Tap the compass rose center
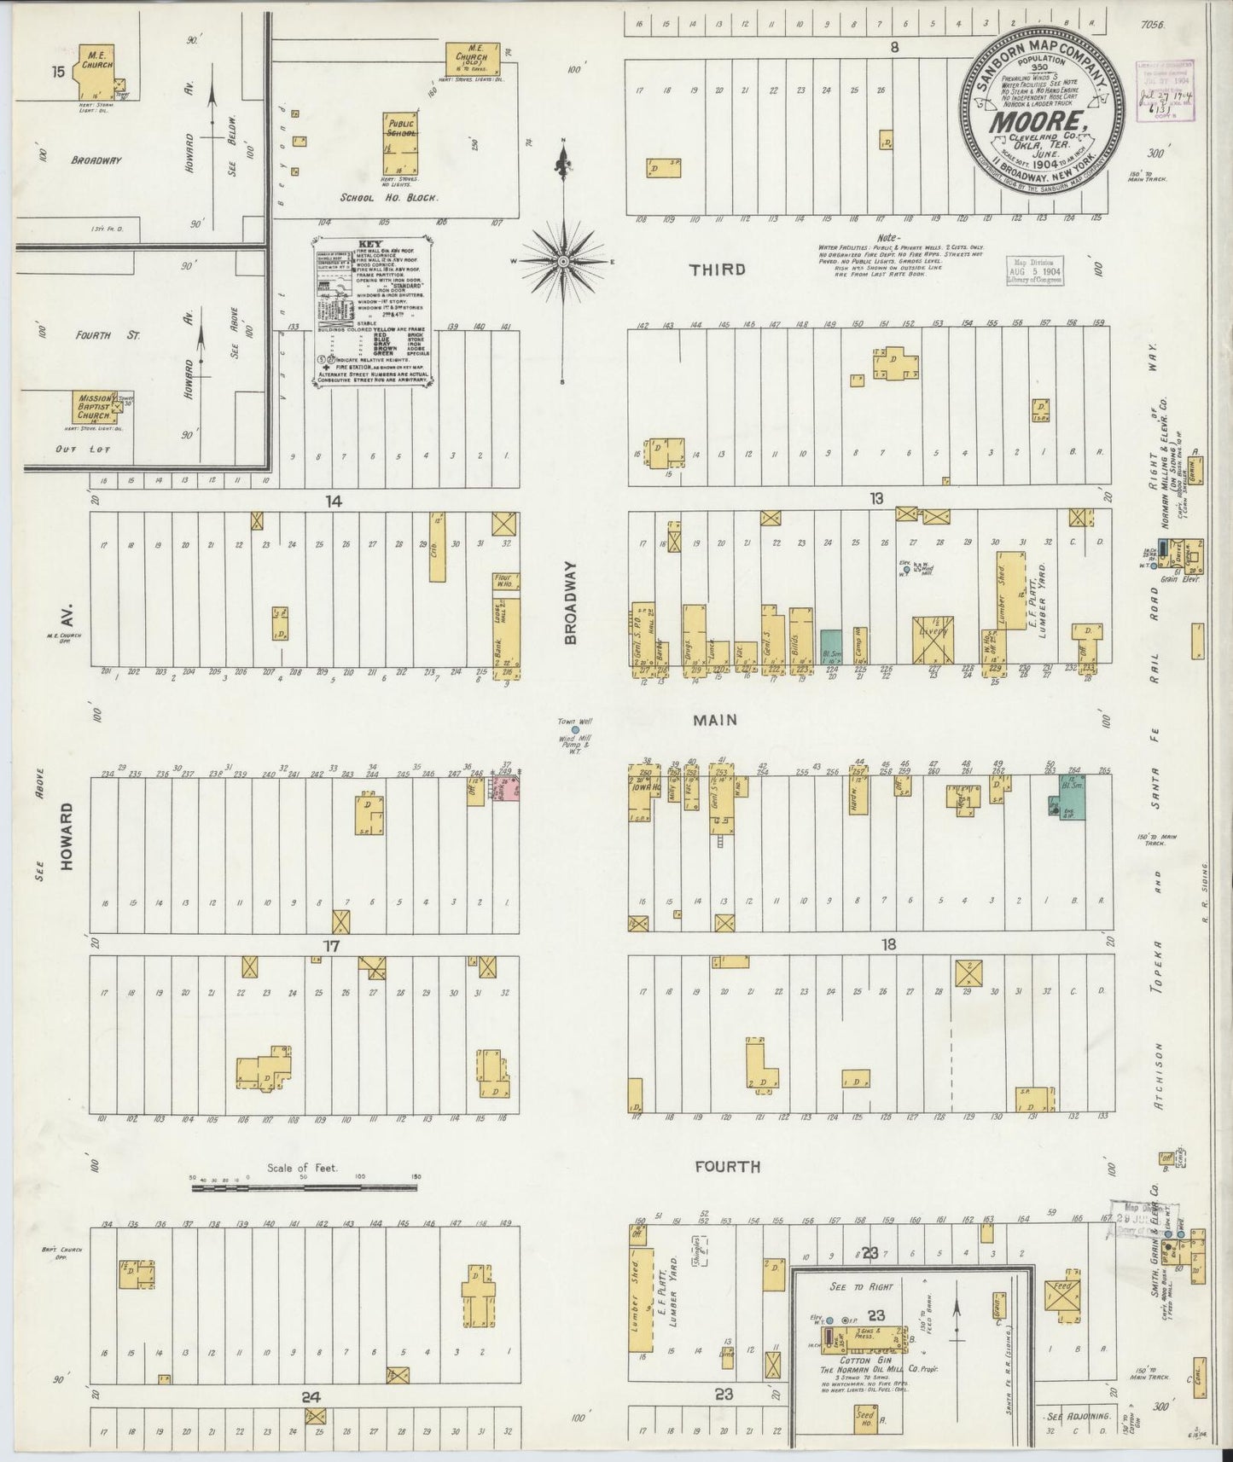(x=563, y=259)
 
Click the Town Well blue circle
(x=576, y=730)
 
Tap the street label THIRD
(x=718, y=270)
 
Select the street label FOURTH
(x=726, y=1166)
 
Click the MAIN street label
(x=715, y=720)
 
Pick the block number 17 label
(x=331, y=945)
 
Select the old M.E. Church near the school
(x=468, y=61)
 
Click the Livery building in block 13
(x=932, y=640)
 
